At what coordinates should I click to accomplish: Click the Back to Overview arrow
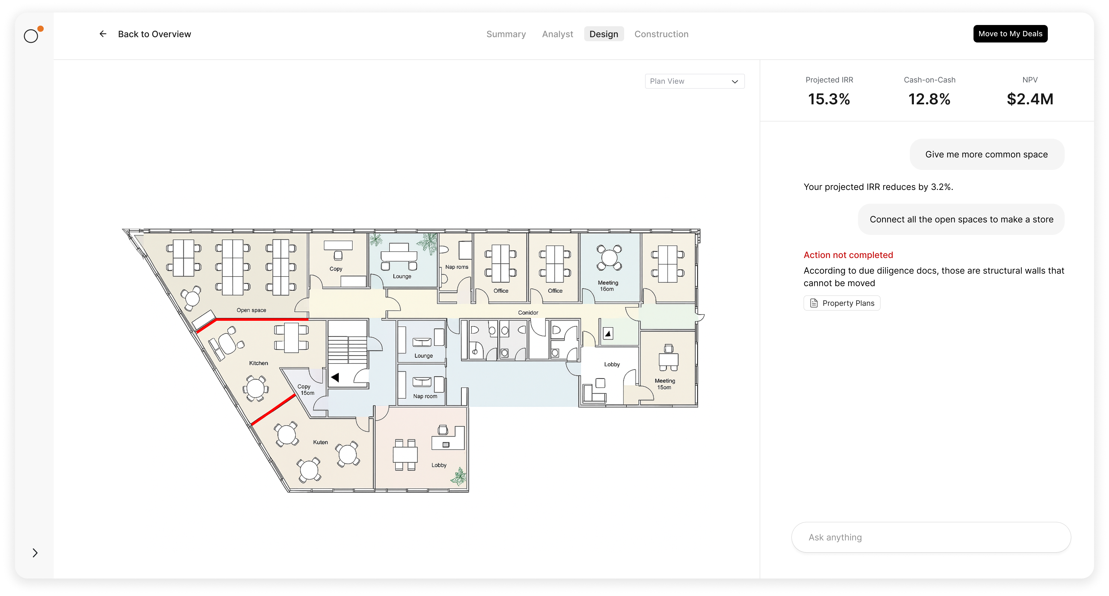pos(103,34)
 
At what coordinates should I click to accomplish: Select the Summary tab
pos(506,34)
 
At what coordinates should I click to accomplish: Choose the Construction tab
pos(661,34)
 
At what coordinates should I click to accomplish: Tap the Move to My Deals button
pos(1010,34)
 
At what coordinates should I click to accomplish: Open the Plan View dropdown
pos(694,81)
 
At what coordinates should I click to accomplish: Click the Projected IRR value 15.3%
pos(829,99)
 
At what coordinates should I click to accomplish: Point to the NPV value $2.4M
pos(1030,99)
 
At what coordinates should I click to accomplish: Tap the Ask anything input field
pos(931,537)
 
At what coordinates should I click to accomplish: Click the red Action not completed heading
pos(848,255)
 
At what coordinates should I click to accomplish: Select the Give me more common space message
pos(986,154)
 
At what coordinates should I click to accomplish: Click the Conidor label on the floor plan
pos(528,313)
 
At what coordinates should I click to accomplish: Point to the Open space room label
pos(251,310)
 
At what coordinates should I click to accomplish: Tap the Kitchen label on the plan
pos(258,363)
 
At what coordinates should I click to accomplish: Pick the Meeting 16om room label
pos(608,286)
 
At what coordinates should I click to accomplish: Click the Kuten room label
pos(320,442)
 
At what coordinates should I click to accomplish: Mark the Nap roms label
pos(456,267)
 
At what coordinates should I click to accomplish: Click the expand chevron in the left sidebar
pos(35,553)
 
